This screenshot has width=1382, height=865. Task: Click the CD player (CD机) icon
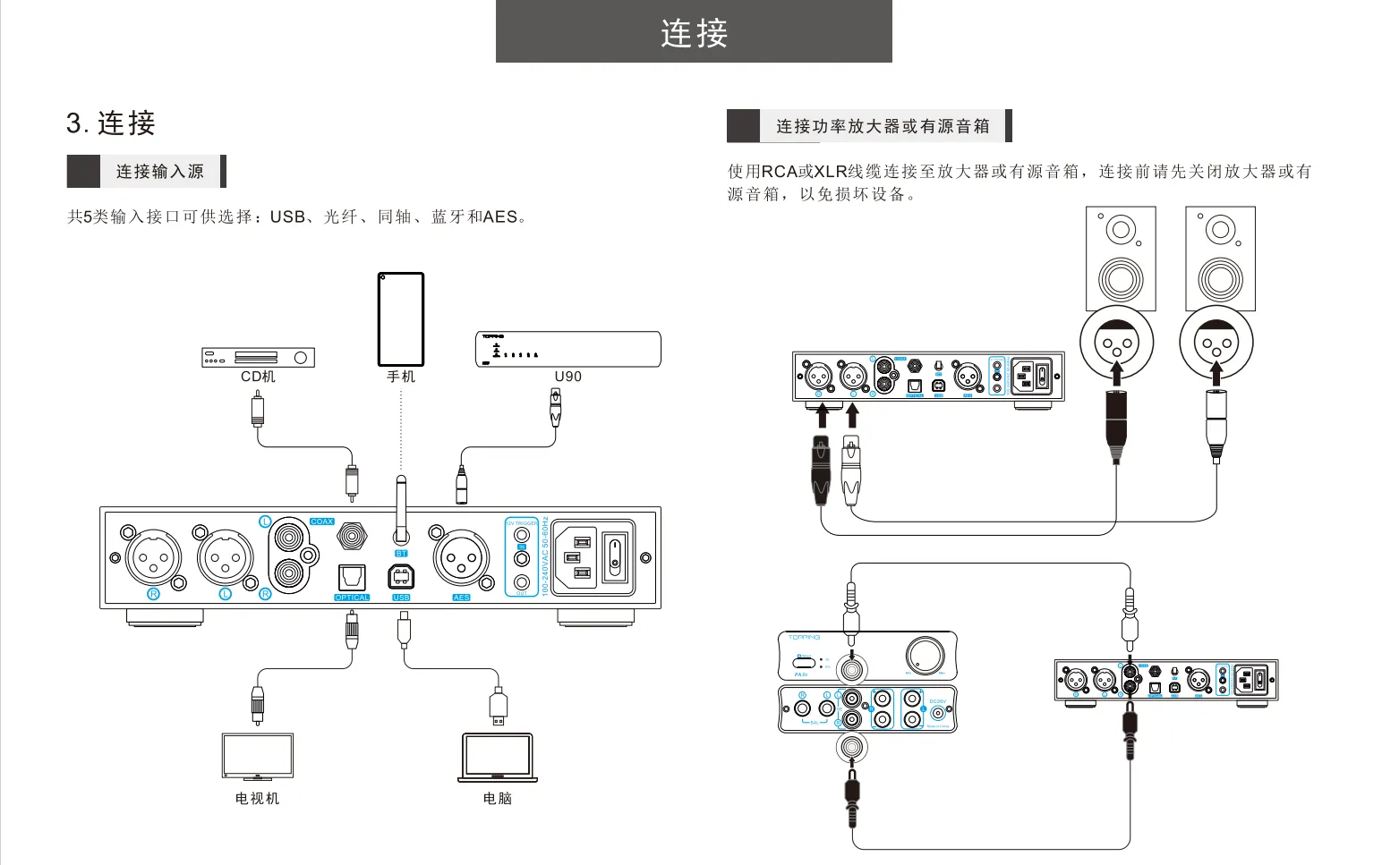click(258, 358)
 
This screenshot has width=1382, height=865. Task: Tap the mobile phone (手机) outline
click(401, 319)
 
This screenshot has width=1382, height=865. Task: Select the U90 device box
click(567, 349)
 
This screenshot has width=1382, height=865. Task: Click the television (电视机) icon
click(258, 757)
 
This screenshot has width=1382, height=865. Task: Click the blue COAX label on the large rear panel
click(321, 522)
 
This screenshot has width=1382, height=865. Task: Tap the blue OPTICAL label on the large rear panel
click(352, 598)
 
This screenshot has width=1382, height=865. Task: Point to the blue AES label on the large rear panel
click(461, 598)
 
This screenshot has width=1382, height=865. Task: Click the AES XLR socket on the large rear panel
click(461, 558)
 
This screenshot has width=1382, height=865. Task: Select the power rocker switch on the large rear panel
click(615, 556)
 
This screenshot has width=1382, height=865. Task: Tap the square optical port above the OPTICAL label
click(352, 577)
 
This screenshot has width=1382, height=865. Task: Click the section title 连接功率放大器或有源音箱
click(883, 126)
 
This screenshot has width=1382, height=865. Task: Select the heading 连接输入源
click(159, 172)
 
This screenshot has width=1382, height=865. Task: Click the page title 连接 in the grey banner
click(694, 33)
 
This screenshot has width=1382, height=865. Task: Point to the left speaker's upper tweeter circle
click(1120, 230)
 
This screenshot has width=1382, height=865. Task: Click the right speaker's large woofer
click(1220, 278)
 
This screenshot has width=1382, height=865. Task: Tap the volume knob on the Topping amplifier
click(925, 655)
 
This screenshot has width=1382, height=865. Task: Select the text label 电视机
click(258, 798)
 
